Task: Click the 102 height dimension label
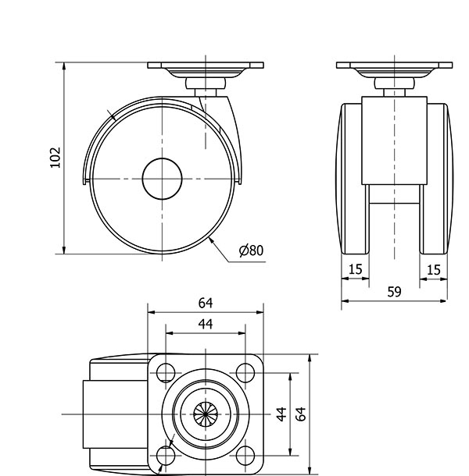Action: click(x=55, y=158)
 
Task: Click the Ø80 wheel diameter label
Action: click(x=251, y=250)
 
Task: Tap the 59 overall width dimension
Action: click(x=394, y=292)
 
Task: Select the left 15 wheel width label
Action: click(x=355, y=269)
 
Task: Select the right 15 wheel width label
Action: click(x=433, y=269)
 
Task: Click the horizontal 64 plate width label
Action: click(x=206, y=303)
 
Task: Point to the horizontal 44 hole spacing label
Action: click(x=206, y=324)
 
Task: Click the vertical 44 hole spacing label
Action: click(x=281, y=414)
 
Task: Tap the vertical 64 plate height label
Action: click(x=301, y=414)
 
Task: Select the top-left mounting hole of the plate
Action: click(x=166, y=373)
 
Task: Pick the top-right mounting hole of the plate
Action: click(x=245, y=373)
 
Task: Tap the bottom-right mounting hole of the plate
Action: click(x=245, y=456)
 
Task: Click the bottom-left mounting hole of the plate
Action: click(x=166, y=456)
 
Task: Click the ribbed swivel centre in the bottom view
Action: click(x=206, y=414)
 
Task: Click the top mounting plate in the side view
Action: click(x=206, y=66)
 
